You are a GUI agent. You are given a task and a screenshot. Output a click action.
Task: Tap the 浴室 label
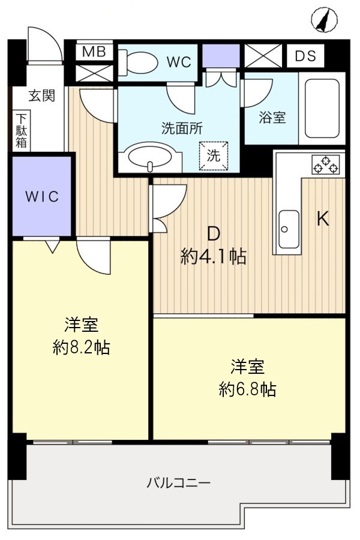272,118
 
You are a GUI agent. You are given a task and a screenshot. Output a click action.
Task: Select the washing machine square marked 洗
214,154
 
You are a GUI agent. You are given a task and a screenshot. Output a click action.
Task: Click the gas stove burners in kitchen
325,164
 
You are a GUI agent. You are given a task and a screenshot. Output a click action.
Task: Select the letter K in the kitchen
323,220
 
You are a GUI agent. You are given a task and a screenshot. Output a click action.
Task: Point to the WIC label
42,196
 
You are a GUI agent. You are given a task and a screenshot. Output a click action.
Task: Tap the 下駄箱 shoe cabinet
21,130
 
